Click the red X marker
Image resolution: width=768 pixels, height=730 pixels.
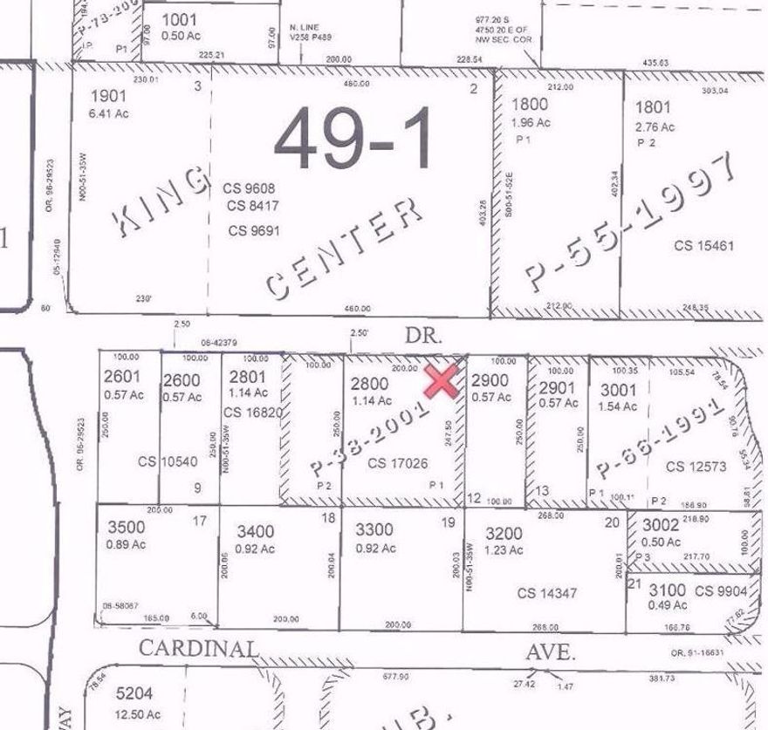[442, 381]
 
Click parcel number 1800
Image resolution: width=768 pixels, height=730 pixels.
[530, 107]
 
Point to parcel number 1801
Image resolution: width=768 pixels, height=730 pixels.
[653, 108]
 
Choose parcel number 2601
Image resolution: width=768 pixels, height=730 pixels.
[122, 379]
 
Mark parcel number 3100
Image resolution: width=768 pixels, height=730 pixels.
[667, 591]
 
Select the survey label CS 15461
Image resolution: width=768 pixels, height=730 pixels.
[704, 246]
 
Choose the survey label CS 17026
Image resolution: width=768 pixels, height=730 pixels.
[397, 464]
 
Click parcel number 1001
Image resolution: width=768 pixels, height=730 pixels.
[180, 19]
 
